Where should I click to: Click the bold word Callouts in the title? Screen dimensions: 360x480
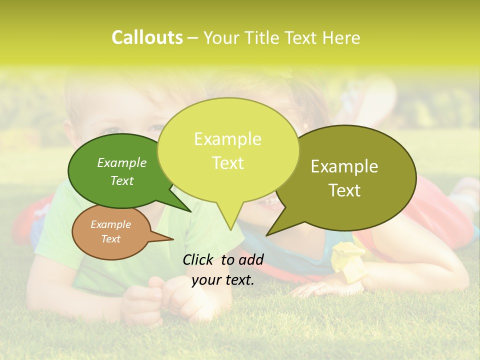[147, 37]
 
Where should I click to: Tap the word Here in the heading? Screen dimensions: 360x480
[341, 38]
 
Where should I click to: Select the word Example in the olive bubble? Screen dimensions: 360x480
[344, 166]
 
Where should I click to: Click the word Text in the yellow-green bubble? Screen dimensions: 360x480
[228, 163]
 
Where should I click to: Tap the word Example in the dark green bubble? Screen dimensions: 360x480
[122, 162]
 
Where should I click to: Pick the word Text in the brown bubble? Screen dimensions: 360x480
[111, 239]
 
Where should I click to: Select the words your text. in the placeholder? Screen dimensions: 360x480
[223, 280]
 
